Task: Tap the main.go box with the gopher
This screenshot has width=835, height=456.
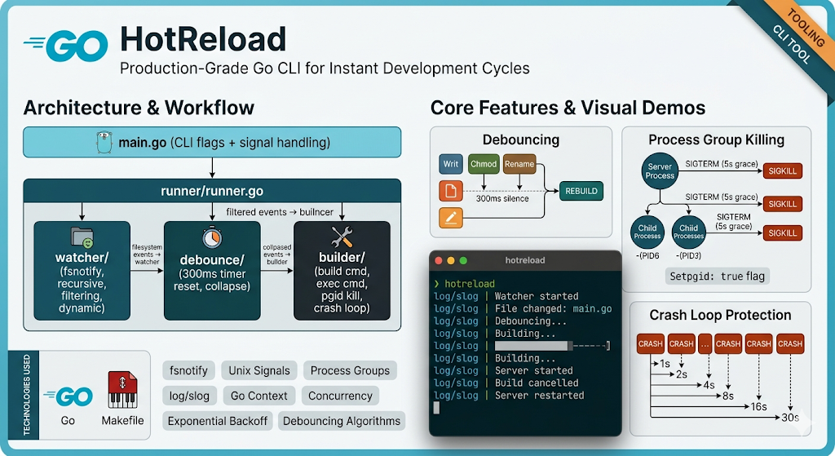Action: [212, 143]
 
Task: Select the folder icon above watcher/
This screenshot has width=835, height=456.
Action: [82, 237]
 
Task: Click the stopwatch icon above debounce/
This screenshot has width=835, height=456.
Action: [212, 237]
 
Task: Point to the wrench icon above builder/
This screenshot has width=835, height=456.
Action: [341, 237]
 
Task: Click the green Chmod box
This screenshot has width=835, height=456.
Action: [484, 164]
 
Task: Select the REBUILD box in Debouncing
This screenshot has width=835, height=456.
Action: [581, 191]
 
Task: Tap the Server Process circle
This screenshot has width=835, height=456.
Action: [660, 170]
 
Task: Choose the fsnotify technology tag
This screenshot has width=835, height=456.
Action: [188, 370]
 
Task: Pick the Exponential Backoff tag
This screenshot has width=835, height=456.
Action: [217, 421]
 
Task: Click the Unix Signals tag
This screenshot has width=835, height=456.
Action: [259, 370]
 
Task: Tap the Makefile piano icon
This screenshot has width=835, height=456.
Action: [122, 391]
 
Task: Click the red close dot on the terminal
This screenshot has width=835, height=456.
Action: [438, 260]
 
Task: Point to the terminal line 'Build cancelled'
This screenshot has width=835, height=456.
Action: [537, 383]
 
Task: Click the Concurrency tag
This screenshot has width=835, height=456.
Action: [340, 396]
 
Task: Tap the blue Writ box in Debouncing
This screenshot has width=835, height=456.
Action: [450, 164]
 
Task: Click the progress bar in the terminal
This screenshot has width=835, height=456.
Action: [552, 346]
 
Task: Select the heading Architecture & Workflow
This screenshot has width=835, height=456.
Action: [139, 108]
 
